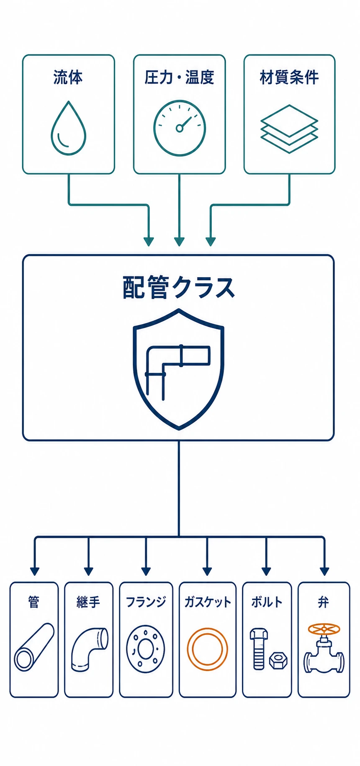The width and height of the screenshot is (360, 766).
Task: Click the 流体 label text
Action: pos(68,77)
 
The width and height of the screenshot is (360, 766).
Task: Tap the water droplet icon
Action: pos(68,128)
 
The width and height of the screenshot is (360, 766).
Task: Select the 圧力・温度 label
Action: pos(179,77)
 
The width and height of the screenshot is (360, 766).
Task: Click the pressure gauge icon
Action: pos(180,128)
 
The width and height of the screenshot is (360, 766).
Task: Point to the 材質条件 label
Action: pos(289,77)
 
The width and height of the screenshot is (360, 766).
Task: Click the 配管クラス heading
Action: pos(179,287)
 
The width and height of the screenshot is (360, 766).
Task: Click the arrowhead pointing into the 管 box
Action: pos(35,571)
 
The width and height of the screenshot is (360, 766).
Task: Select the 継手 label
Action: pos(88,602)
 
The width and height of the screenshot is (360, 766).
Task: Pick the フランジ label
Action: pos(146,602)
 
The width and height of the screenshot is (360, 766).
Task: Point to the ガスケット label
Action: pos(208,602)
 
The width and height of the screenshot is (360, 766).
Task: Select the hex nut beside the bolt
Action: pos(278,660)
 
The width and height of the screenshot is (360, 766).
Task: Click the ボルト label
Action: pos(267,602)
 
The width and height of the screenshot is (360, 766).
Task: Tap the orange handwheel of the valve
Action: pos(324,629)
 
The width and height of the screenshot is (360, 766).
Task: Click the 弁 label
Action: pos(323,602)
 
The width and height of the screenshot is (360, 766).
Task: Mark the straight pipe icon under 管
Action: pos(34,647)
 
